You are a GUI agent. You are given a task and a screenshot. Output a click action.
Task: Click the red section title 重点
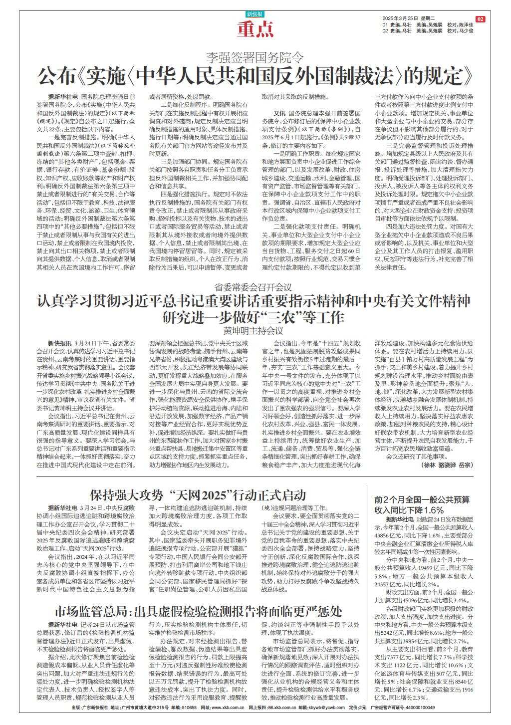pos(255,29)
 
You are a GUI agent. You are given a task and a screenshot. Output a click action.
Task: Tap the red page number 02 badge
pos(481,19)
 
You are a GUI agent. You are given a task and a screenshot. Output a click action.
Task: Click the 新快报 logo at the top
pos(255,14)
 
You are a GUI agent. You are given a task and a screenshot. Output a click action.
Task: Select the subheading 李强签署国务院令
pos(255,57)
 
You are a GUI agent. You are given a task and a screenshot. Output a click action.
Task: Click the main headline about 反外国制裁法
pos(255,76)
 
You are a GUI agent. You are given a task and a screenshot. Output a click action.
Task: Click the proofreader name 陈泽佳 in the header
pos(466,24)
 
